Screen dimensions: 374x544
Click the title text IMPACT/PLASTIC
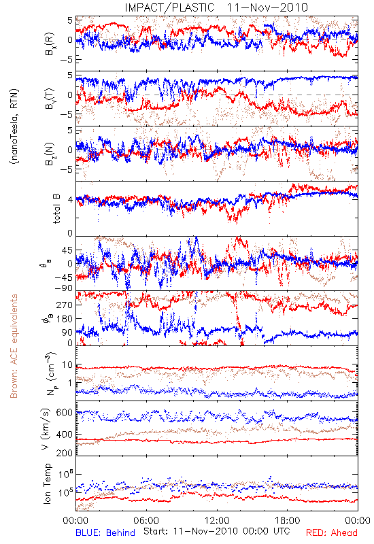click(169, 7)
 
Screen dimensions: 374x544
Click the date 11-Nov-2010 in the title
click(267, 7)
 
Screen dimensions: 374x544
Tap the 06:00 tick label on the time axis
click(146, 520)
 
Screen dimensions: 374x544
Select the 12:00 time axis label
click(217, 520)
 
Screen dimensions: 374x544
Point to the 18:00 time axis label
click(288, 520)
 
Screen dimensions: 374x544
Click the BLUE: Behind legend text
click(105, 533)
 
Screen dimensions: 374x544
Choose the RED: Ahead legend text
click(332, 533)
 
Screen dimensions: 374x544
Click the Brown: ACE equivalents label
click(14, 346)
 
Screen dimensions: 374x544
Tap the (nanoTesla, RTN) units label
click(14, 126)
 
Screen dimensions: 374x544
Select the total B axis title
click(56, 209)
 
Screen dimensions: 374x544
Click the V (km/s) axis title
click(46, 429)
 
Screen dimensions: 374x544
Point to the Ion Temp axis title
click(47, 483)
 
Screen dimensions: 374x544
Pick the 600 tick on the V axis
click(65, 413)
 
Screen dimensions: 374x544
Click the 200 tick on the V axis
click(65, 453)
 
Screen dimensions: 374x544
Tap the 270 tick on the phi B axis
click(65, 305)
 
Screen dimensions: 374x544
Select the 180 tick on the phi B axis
click(65, 319)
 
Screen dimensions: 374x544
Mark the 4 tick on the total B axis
click(70, 199)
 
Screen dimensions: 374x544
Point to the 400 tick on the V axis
click(65, 434)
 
